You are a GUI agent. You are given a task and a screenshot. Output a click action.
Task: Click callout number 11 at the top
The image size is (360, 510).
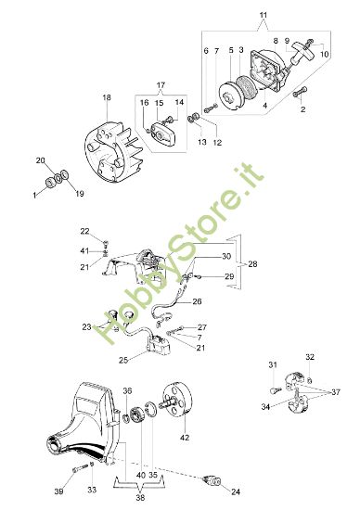pyautogui.click(x=263, y=16)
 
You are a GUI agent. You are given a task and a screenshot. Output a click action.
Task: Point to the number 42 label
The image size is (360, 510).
pyautogui.click(x=184, y=437)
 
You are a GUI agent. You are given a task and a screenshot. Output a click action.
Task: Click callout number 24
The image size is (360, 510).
pyautogui.click(x=235, y=491)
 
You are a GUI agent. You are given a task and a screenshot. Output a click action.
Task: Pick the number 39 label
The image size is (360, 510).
pyautogui.click(x=59, y=491)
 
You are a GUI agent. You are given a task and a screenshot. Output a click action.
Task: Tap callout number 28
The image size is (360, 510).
pyautogui.click(x=254, y=264)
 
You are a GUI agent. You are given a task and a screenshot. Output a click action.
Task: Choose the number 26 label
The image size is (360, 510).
pyautogui.click(x=197, y=301)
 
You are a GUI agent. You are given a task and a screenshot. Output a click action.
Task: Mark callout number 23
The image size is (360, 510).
pyautogui.click(x=87, y=326)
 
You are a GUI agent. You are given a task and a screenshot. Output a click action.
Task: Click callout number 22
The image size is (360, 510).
pyautogui.click(x=109, y=231)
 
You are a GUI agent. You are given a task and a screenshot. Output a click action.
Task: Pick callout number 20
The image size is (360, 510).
pyautogui.click(x=40, y=160)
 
